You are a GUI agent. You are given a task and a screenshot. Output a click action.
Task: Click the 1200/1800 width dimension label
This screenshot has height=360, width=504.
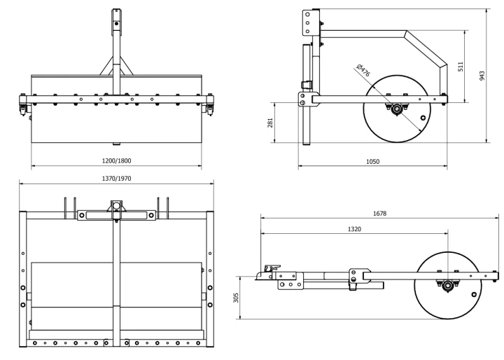click(x=116, y=160)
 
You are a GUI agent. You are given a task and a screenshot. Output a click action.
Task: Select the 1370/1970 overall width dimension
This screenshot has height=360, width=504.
click(x=116, y=179)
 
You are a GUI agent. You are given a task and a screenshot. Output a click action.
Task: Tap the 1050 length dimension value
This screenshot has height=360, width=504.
click(x=372, y=162)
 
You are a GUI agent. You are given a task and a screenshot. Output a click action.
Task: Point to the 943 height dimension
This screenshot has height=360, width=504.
click(x=482, y=76)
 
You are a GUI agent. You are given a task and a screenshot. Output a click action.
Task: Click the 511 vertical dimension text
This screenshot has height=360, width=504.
click(x=461, y=67)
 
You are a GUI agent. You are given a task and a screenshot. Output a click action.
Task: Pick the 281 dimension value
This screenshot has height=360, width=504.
click(x=270, y=123)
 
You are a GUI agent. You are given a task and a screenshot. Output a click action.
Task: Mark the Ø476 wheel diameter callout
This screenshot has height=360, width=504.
click(x=363, y=70)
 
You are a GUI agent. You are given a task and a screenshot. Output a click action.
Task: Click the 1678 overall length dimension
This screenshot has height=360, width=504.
click(x=379, y=214)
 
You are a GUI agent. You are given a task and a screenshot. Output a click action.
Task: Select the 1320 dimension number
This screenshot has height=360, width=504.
click(x=354, y=229)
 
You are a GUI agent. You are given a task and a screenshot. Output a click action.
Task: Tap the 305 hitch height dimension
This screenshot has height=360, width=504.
click(x=236, y=298)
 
